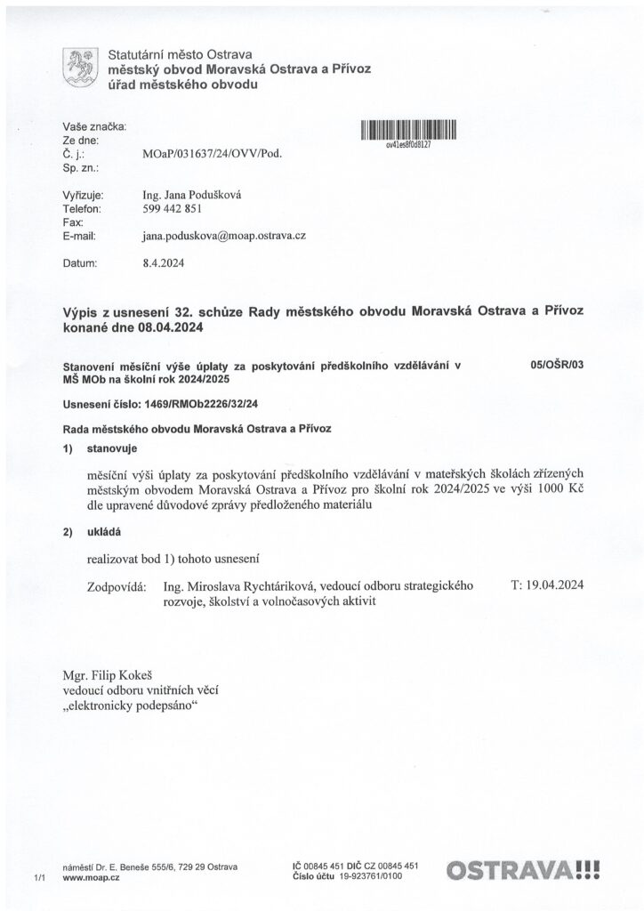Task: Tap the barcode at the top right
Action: [408, 131]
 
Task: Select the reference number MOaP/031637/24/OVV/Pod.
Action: [212, 154]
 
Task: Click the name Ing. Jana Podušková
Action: [192, 195]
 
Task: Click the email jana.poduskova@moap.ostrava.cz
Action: [224, 236]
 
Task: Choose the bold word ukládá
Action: [106, 532]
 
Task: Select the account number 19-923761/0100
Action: [367, 876]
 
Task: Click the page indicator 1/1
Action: [38, 878]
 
